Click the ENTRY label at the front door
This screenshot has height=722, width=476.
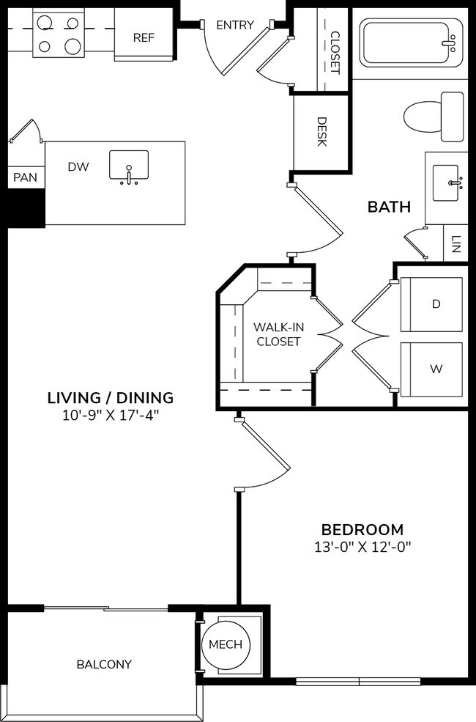pos(235,25)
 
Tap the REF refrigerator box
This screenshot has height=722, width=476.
pos(144,37)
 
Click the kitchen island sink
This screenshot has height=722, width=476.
pos(129,166)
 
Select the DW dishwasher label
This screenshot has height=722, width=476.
pos(78,167)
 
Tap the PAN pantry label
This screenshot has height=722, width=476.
pos(24,177)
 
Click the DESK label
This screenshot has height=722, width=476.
pos(321,132)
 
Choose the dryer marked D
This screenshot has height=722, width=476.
pos(436,304)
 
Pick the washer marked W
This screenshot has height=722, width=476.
pos(436,369)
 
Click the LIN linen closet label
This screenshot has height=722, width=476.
pos(455,245)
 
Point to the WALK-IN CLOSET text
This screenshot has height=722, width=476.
pos(277,334)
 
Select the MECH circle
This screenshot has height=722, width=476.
pos(226,644)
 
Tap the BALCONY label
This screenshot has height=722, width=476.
pos(104,665)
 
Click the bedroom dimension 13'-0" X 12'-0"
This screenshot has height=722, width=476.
pos(362,547)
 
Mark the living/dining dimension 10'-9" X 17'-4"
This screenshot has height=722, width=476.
pos(111,416)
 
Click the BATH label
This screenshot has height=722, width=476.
pos(389,207)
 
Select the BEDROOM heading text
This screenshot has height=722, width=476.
pos(362,529)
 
